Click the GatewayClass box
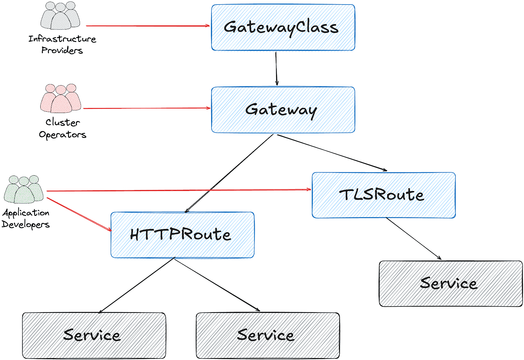point(283,28)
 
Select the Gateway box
point(283,110)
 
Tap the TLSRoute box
point(384,195)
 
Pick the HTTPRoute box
point(182,235)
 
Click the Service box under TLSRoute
point(451,284)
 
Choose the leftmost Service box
point(94,335)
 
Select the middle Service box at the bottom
point(268,335)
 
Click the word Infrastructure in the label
point(62,39)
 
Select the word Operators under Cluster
point(63,135)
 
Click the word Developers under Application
point(26,224)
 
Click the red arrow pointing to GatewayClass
point(147,26)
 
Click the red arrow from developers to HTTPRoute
point(79,214)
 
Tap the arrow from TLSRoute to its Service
point(413,238)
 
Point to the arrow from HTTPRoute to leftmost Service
point(137,285)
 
